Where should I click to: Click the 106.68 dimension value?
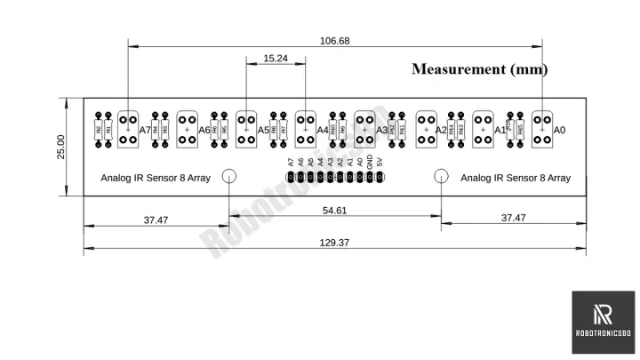(x=335, y=41)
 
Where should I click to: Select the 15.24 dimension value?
(x=275, y=59)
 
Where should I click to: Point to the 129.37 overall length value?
(x=335, y=243)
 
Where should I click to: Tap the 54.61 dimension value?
(x=334, y=211)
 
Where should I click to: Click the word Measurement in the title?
(x=456, y=69)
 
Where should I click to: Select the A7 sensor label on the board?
(x=145, y=130)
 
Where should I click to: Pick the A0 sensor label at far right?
(x=559, y=130)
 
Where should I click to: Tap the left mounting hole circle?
(x=229, y=176)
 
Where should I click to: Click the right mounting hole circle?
(x=441, y=176)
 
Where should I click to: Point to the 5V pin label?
(x=380, y=163)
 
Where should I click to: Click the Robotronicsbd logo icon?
(x=602, y=315)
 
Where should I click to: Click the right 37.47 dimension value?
(x=513, y=218)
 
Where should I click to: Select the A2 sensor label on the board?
(x=441, y=130)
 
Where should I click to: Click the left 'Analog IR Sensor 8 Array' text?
(x=156, y=178)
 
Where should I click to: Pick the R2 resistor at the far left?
(x=97, y=130)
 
